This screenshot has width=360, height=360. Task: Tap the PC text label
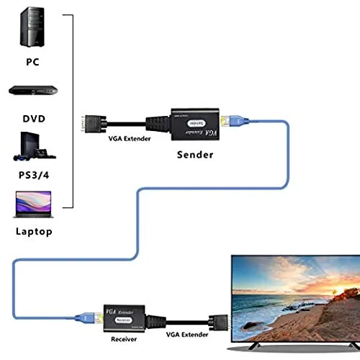[x=31, y=62]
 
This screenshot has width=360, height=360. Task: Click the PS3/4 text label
[x=32, y=175]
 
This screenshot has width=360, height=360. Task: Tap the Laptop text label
[x=33, y=231]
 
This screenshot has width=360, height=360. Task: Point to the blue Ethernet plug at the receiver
[x=84, y=315]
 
